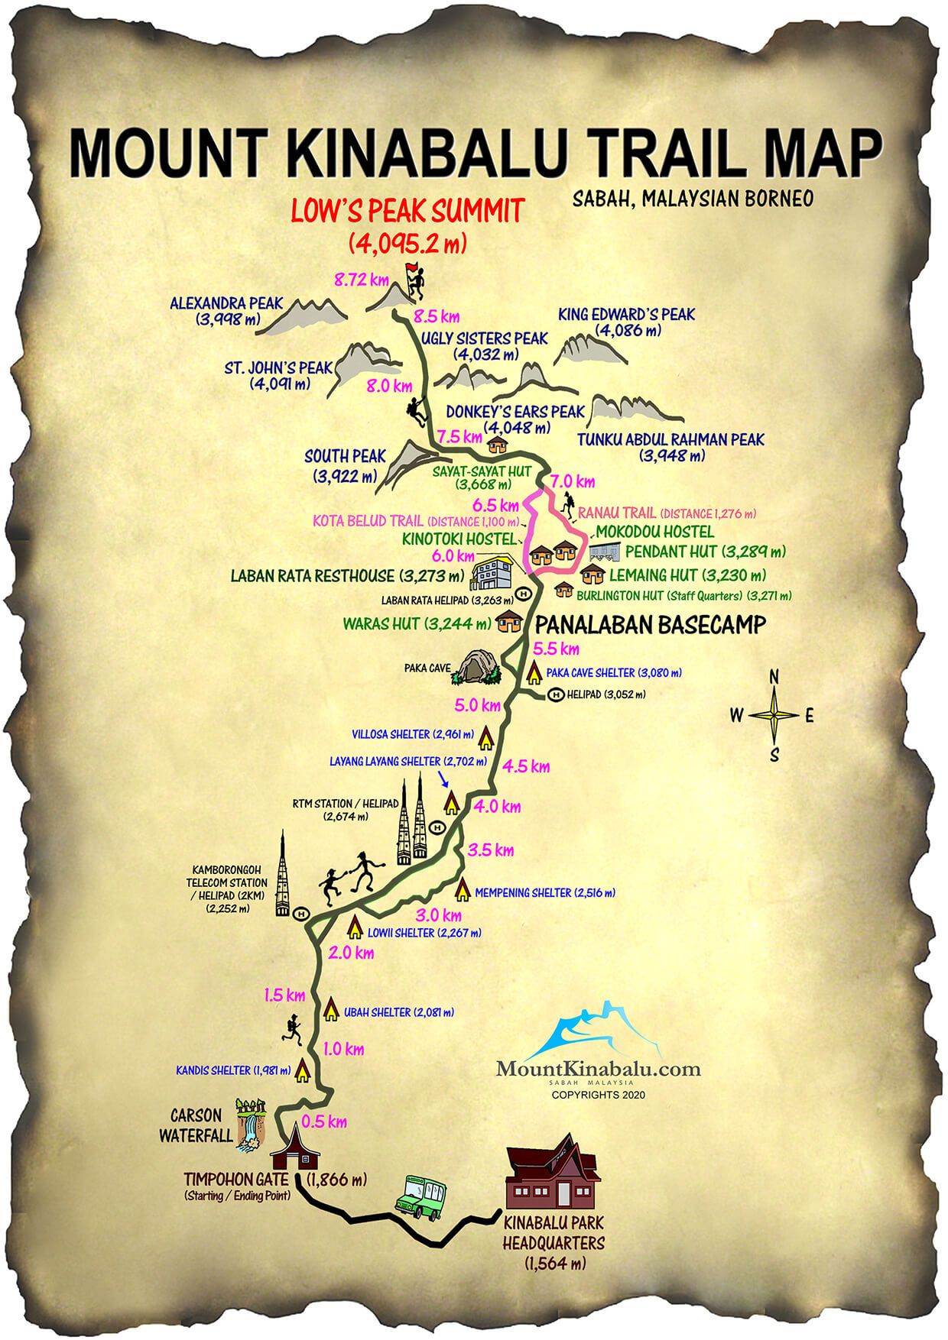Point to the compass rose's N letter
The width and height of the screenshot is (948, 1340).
coord(774,676)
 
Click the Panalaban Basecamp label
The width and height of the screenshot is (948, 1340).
coord(649,625)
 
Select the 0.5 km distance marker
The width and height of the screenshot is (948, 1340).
coord(324,1122)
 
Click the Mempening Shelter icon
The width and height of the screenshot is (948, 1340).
coord(463,888)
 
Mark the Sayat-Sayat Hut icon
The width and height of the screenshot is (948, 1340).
coord(497,442)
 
